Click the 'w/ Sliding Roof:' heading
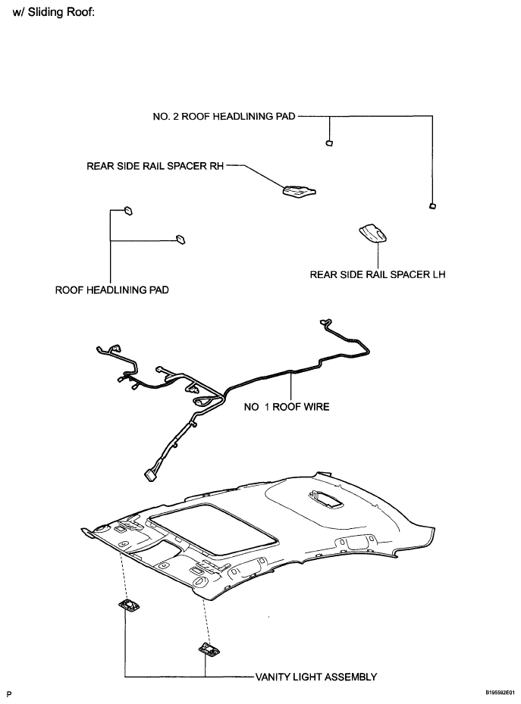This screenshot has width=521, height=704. (x=53, y=11)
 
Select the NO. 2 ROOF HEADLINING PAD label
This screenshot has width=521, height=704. (x=224, y=116)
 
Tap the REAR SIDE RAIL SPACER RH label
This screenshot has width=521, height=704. (x=155, y=166)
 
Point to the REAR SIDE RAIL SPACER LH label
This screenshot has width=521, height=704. (x=378, y=274)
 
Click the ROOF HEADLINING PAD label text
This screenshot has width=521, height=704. (x=111, y=290)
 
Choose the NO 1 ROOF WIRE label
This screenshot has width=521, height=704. (x=287, y=407)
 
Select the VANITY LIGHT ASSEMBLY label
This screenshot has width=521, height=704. (x=316, y=677)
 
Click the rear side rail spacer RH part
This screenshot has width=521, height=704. (x=299, y=190)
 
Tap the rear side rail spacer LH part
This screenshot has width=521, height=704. (x=373, y=233)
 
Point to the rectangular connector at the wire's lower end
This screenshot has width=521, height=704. (x=149, y=475)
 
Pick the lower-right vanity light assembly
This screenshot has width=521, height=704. (x=209, y=649)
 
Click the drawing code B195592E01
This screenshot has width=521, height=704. (x=500, y=693)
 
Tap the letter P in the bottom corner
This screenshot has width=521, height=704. (x=9, y=694)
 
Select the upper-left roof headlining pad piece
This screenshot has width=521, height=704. (x=128, y=211)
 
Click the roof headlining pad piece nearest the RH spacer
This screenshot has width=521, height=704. (x=180, y=239)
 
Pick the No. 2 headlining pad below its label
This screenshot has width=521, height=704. (x=329, y=143)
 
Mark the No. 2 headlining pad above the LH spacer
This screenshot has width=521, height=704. (x=432, y=206)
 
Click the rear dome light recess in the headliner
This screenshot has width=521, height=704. (x=325, y=499)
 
